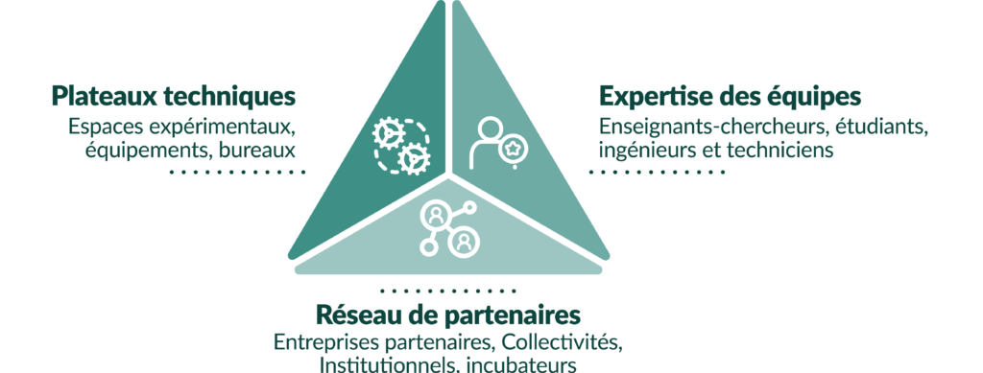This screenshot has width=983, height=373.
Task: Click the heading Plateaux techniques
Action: pyautogui.click(x=173, y=97)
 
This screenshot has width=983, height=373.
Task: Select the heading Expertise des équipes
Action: pyautogui.click(x=731, y=97)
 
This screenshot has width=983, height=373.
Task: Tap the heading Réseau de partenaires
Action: pyautogui.click(x=448, y=315)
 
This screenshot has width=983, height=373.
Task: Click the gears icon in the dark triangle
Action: pyautogui.click(x=401, y=147)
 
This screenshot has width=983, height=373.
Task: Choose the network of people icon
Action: pyautogui.click(x=448, y=228)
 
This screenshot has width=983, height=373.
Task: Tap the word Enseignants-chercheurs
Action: pyautogui.click(x=706, y=127)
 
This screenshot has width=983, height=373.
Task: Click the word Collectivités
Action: pyautogui.click(x=563, y=343)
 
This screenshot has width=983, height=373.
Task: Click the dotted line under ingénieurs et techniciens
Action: pyautogui.click(x=656, y=172)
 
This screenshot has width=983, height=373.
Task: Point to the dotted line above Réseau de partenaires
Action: pyautogui.click(x=447, y=291)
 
